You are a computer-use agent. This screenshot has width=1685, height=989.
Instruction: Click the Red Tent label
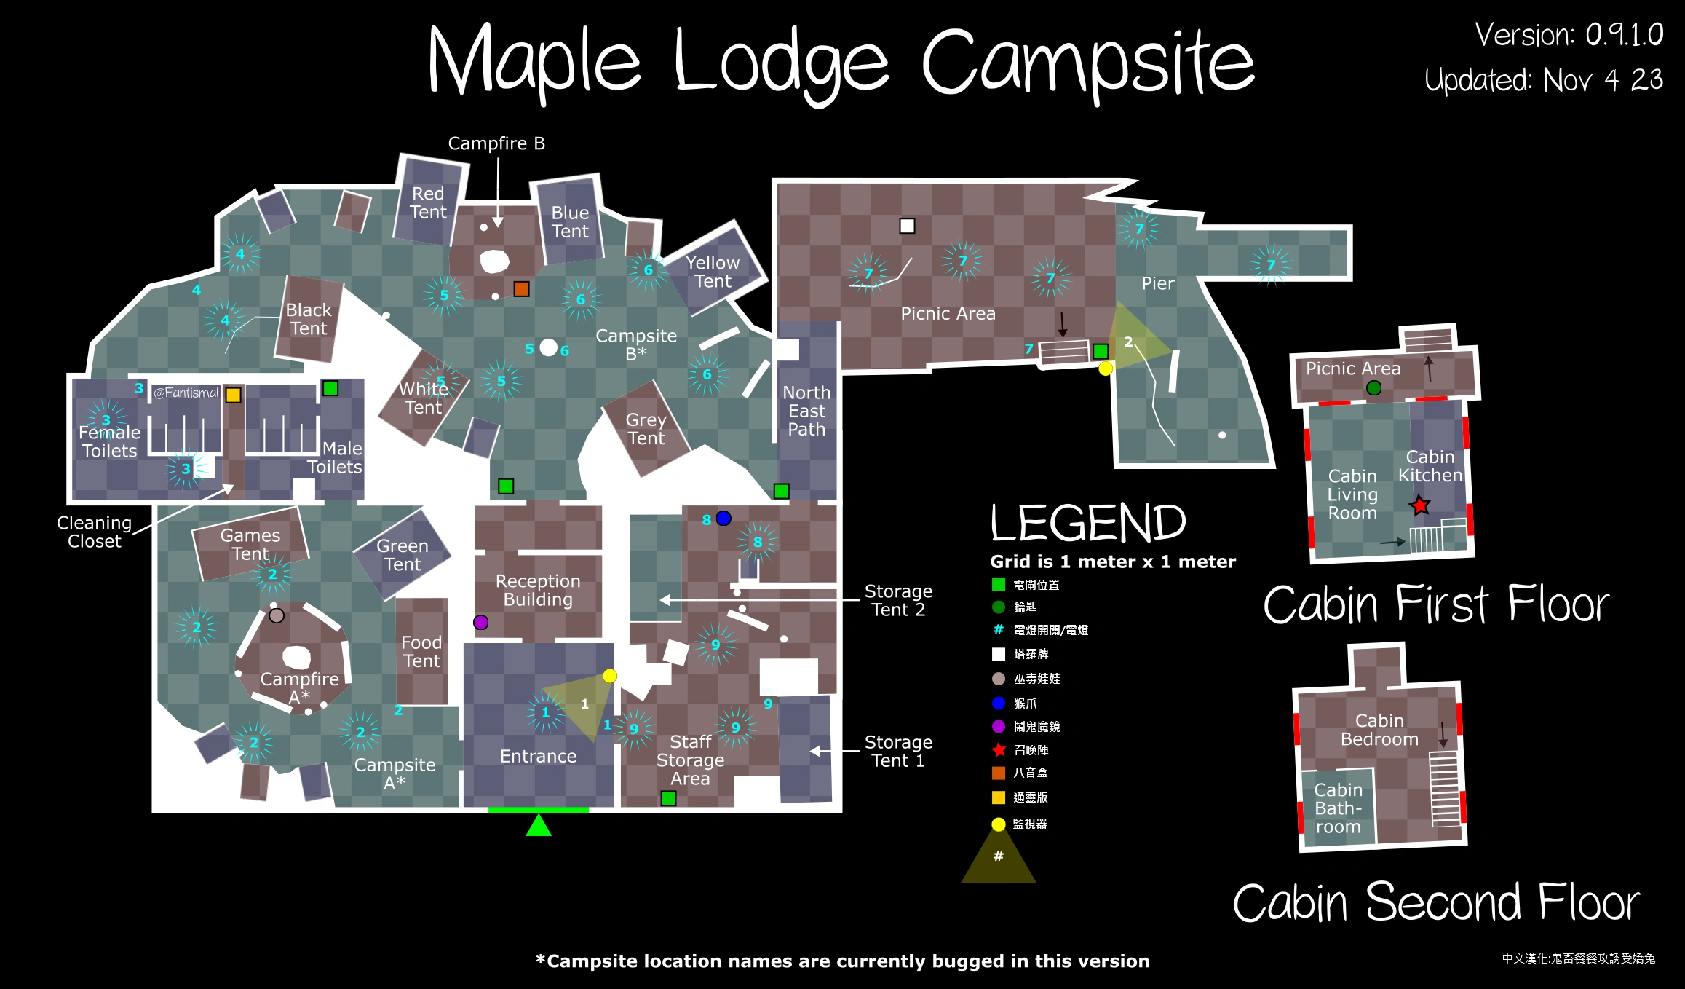pyautogui.click(x=428, y=203)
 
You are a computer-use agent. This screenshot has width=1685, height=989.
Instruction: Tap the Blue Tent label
pyautogui.click(x=570, y=222)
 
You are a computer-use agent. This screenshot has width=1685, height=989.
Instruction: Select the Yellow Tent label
pyautogui.click(x=713, y=272)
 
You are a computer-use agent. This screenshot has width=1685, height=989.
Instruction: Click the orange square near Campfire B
pyautogui.click(x=521, y=289)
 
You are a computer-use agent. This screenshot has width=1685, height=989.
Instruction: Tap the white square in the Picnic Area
pyautogui.click(x=907, y=226)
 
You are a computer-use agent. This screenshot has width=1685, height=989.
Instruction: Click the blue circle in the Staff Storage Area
pyautogui.click(x=723, y=518)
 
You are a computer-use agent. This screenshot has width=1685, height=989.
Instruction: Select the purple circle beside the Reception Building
pyautogui.click(x=480, y=622)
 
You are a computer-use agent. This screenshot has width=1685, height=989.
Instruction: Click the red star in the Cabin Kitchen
pyautogui.click(x=1420, y=505)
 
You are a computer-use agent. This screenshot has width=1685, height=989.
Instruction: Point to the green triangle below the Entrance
pyautogui.click(x=539, y=826)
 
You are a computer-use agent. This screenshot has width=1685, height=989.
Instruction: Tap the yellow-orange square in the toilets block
pyautogui.click(x=233, y=395)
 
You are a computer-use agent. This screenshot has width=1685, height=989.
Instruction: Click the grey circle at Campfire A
pyautogui.click(x=277, y=615)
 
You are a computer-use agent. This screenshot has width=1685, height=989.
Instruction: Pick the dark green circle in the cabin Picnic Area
pyautogui.click(x=1373, y=388)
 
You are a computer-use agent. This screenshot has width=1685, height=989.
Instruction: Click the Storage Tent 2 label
pyautogui.click(x=898, y=600)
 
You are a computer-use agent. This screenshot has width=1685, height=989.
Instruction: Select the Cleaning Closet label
pyautogui.click(x=94, y=532)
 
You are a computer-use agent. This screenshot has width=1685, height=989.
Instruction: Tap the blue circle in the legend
pyautogui.click(x=999, y=703)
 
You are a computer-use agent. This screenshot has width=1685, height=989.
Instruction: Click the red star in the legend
pyautogui.click(x=999, y=749)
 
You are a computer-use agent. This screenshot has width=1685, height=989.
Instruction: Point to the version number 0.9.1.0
pyautogui.click(x=1624, y=35)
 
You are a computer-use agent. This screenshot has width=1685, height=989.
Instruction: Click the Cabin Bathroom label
pyautogui.click(x=1338, y=808)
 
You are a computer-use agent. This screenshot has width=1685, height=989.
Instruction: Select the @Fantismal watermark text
pyautogui.click(x=186, y=393)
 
